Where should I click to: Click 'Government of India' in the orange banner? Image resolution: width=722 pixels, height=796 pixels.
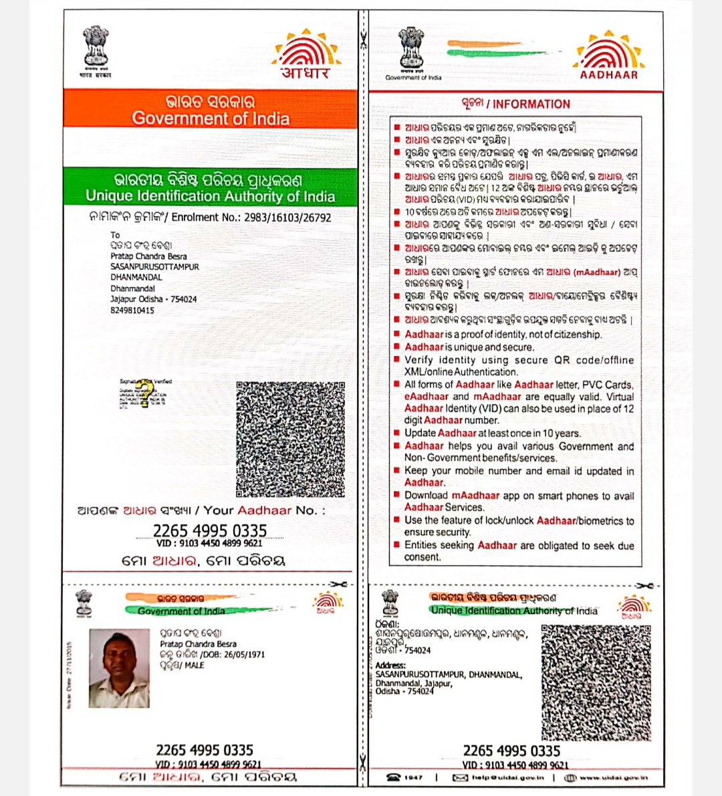point(211,118)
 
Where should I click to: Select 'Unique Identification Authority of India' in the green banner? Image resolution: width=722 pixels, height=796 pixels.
point(211,196)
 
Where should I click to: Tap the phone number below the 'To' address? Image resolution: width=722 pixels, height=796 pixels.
point(132,310)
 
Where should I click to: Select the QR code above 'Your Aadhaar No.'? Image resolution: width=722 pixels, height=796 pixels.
point(290,439)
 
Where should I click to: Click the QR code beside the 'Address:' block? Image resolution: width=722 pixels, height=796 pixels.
point(596,682)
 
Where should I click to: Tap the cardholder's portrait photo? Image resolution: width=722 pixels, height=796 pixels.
point(119,668)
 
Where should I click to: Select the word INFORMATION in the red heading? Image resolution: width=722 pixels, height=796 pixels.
point(531,104)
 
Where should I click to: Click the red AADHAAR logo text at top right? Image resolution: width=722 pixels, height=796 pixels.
point(608,75)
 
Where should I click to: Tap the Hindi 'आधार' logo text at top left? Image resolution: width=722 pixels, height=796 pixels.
point(305,73)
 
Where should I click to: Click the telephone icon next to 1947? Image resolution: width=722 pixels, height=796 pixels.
point(393,777)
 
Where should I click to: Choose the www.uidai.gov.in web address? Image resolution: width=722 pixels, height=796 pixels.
point(614,777)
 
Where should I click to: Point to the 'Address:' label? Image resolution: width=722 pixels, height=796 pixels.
point(390,665)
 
